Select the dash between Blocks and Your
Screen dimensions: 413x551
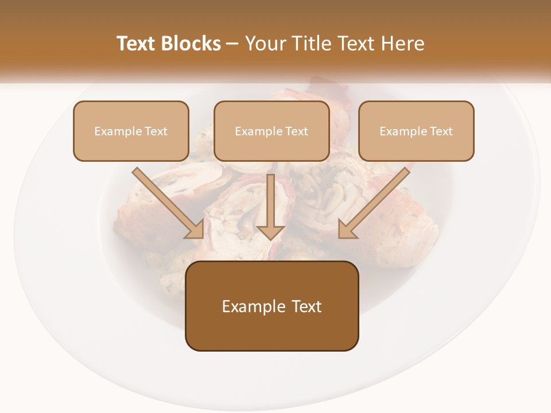point(233,44)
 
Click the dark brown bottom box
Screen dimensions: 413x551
point(271,330)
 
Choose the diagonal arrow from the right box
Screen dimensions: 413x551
point(376,201)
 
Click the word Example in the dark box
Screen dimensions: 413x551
point(247,306)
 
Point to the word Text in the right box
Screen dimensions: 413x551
point(441,131)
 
